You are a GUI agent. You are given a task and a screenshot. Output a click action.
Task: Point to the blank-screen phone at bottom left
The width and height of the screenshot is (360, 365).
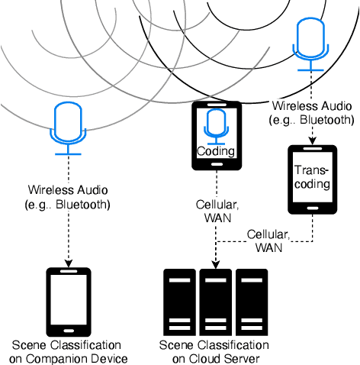click(x=69, y=301)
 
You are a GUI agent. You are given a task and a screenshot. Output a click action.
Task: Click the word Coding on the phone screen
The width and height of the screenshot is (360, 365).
click(x=217, y=150)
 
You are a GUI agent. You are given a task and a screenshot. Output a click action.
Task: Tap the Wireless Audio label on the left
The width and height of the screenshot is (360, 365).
click(x=69, y=196)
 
